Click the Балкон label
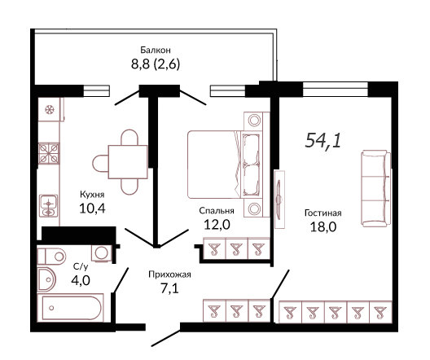point(156,50)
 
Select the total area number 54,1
point(323,140)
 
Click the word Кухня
point(92,195)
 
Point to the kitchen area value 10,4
point(92,209)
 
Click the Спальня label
point(217,211)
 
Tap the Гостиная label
point(323,213)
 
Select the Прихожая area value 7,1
point(169,288)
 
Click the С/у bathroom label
point(81,266)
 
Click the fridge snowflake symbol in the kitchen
point(50,110)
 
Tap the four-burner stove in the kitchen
point(49,153)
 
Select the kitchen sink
point(49,205)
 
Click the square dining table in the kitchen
point(128,162)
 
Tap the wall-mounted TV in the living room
point(279,200)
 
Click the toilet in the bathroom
point(51,257)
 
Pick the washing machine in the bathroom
point(102,253)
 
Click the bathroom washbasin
point(46,279)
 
